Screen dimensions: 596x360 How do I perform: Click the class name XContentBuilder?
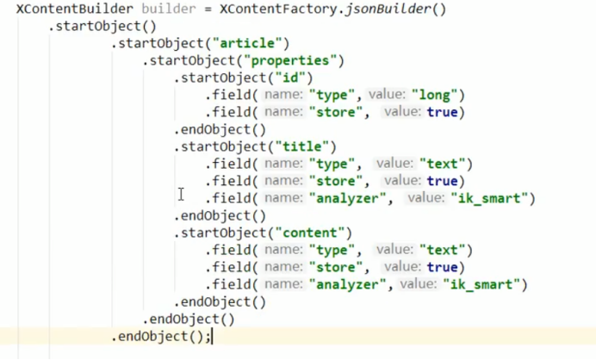[x=71, y=9]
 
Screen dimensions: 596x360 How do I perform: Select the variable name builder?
[x=171, y=9]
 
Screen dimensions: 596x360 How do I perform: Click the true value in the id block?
[x=445, y=112]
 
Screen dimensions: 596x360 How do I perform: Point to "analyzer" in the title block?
[x=349, y=198]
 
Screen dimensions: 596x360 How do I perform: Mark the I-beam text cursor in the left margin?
[x=181, y=195]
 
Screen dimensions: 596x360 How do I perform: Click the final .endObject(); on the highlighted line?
[x=160, y=337]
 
